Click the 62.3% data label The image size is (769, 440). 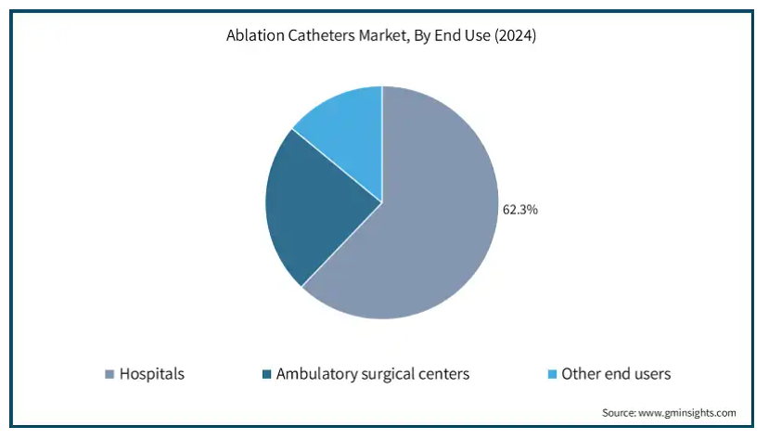point(519,210)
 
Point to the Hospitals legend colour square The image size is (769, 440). point(109,374)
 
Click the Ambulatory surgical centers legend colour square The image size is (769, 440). point(267,374)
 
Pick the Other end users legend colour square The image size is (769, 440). point(552,374)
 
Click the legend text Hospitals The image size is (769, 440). point(152,374)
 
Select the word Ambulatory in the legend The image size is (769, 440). point(317,374)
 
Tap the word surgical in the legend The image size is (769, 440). point(387,375)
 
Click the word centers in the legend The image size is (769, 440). point(443,375)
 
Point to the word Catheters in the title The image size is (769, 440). point(321,35)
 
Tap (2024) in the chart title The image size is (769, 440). point(515,36)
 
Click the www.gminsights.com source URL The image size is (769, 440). point(687,413)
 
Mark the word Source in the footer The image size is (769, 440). point(620,412)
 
